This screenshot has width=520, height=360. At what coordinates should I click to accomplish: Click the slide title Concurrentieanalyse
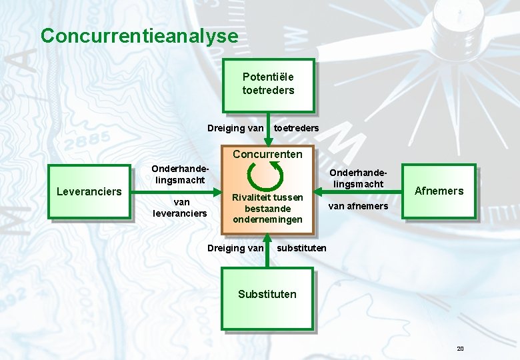[x=139, y=35]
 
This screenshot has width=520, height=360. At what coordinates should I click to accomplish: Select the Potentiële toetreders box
[x=268, y=85]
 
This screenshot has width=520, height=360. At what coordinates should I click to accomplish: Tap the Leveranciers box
[x=89, y=192]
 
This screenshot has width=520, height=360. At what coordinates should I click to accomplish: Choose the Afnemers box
[x=439, y=191]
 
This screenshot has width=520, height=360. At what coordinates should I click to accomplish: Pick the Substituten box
[x=267, y=298]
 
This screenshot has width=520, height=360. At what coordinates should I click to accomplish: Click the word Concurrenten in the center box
[x=267, y=155]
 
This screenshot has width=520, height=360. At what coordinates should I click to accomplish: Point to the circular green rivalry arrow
[x=265, y=176]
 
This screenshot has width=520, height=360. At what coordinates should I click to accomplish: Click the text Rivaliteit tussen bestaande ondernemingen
[x=267, y=208]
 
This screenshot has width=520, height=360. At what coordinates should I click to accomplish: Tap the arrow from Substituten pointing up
[x=267, y=251]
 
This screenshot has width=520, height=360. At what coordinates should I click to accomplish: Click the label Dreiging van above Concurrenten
[x=235, y=128]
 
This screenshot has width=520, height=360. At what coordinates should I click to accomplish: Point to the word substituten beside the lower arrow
[x=301, y=248]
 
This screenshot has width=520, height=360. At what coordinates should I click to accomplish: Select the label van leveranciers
[x=181, y=207]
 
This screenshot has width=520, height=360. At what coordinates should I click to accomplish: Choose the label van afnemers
[x=357, y=206]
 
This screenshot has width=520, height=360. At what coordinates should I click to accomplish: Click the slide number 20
[x=460, y=349]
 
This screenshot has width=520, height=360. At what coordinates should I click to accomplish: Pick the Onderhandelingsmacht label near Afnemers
[x=359, y=177]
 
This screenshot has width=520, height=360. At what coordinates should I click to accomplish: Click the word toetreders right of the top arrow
[x=296, y=128]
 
